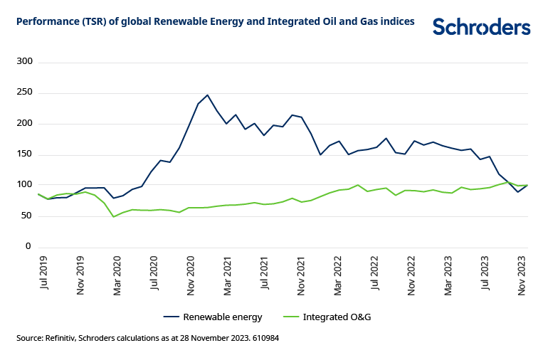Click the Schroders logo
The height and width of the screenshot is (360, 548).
(481, 27)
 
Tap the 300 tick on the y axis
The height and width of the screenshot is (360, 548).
(25, 62)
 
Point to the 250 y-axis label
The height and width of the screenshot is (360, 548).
(25, 92)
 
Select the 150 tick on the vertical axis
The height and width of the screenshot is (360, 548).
(25, 154)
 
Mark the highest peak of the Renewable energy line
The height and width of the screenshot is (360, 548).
(207, 95)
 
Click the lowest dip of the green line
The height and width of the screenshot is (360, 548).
(114, 216)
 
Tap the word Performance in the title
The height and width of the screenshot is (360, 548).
(48, 22)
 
